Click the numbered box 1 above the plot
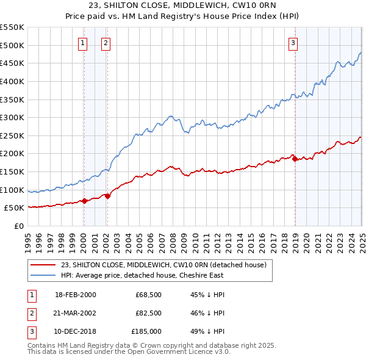(x=82, y=43)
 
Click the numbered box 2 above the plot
(x=106, y=43)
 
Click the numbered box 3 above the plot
(x=293, y=43)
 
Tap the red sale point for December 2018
(x=295, y=159)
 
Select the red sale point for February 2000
(x=84, y=201)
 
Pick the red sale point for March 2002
(x=107, y=196)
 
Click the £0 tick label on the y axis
(x=18, y=226)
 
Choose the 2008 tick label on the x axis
(x=173, y=238)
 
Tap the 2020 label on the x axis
(x=306, y=238)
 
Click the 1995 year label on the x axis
(x=28, y=238)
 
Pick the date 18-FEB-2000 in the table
(x=76, y=295)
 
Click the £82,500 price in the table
(x=148, y=313)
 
